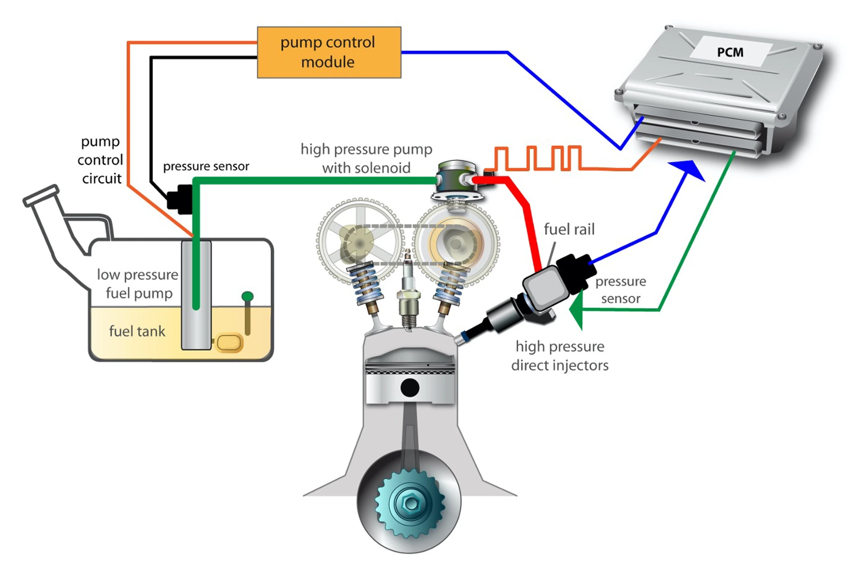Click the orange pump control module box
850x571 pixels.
(x=329, y=52)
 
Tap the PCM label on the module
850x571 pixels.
(x=730, y=52)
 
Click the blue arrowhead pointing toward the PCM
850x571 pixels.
(x=689, y=169)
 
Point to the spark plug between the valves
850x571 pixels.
(x=408, y=293)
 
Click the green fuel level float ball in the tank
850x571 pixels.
(x=247, y=296)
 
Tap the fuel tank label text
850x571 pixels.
(x=137, y=331)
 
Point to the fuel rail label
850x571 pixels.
(x=569, y=229)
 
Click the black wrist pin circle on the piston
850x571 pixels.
(x=410, y=387)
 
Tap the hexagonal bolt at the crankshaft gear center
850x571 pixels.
(x=411, y=503)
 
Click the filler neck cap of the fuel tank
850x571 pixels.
(x=41, y=195)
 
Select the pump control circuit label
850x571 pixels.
(x=101, y=160)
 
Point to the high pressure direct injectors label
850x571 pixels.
(x=560, y=356)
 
